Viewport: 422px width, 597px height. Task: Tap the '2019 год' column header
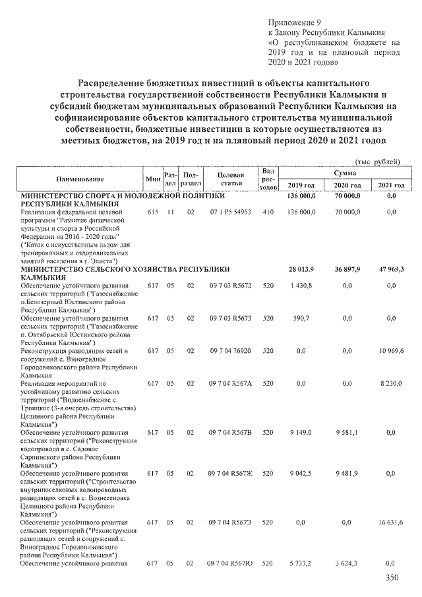301,185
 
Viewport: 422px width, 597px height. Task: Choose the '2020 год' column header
346,185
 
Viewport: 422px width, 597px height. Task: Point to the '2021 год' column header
390,185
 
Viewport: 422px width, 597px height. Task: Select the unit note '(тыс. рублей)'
377,161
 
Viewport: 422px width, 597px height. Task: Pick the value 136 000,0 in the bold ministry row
302,197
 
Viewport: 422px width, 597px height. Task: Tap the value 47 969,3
390,270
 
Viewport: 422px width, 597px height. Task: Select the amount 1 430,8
303,285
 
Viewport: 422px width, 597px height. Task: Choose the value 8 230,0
392,383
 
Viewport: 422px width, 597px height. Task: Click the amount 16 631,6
390,522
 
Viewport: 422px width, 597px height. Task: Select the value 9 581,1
347,432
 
